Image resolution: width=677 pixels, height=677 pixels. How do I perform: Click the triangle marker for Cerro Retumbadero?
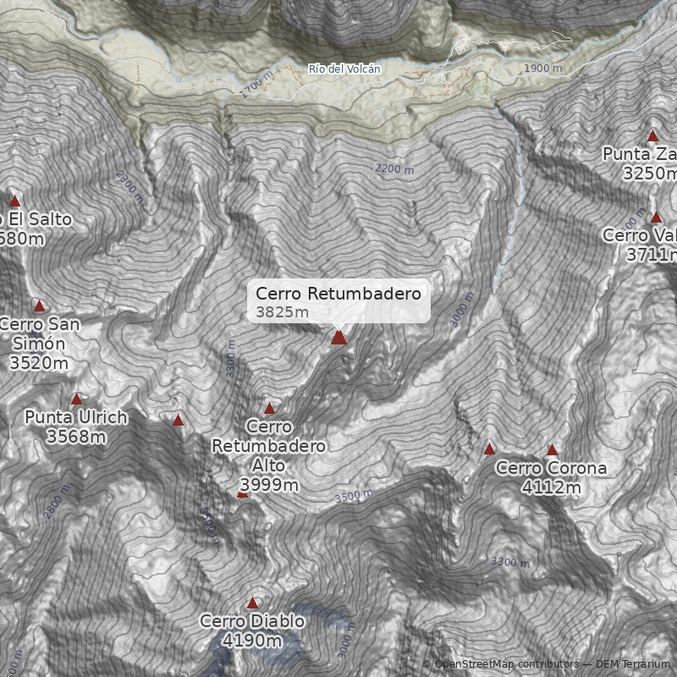338,338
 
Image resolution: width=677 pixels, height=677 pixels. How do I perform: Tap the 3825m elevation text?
282,312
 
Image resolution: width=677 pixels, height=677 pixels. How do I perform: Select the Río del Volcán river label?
344,69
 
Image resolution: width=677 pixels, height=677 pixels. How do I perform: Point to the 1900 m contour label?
542,69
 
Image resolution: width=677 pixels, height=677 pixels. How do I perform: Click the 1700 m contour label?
256,85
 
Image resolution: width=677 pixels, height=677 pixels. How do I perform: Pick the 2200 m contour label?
394,169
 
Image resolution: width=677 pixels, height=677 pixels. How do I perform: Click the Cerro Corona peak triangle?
552,450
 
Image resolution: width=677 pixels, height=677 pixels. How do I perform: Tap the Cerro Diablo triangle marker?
252,603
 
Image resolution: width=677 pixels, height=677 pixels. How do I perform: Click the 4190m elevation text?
251,641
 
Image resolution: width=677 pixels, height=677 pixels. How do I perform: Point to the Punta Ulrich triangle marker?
76,399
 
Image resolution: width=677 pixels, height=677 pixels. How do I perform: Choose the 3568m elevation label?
76,437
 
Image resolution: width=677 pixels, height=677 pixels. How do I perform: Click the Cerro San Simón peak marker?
39,305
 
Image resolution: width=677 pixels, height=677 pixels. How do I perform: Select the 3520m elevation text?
39,362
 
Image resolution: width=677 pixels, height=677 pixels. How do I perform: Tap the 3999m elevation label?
269,485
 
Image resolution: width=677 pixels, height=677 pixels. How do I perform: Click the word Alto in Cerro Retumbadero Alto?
269,465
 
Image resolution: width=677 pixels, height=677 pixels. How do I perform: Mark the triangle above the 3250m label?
652,135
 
